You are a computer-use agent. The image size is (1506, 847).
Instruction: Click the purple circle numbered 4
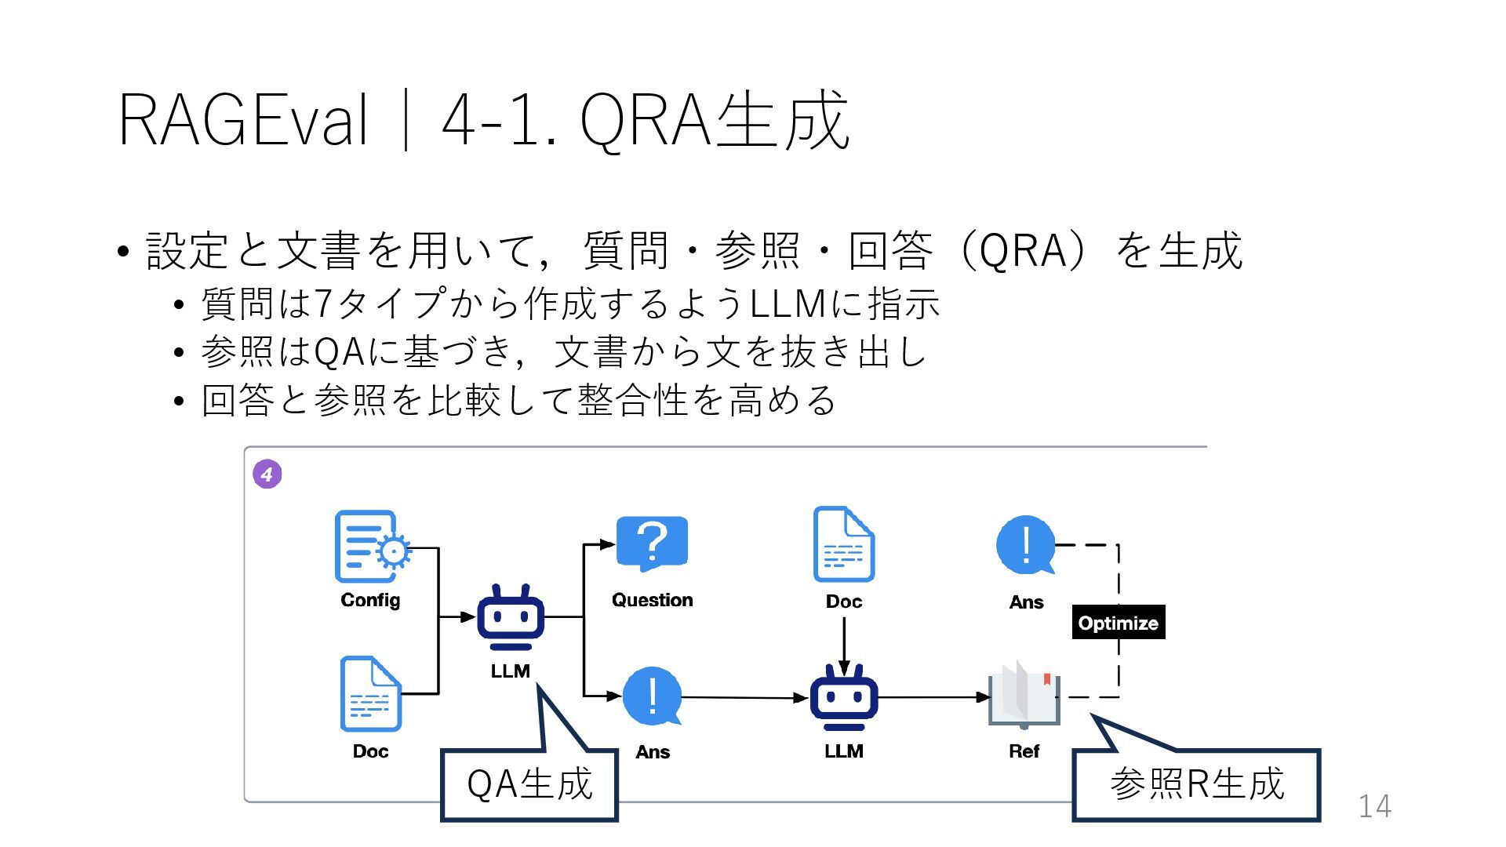click(x=267, y=474)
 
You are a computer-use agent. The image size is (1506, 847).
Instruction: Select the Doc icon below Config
click(x=370, y=694)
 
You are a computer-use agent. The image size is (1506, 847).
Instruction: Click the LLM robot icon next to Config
click(x=511, y=617)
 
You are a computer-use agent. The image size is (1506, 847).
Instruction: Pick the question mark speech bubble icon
click(x=652, y=543)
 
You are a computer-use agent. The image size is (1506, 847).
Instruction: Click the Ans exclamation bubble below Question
click(x=652, y=696)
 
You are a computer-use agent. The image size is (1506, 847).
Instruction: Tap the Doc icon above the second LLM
click(x=843, y=544)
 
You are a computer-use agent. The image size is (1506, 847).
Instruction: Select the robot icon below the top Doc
click(x=843, y=697)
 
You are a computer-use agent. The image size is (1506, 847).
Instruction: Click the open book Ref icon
click(x=1024, y=694)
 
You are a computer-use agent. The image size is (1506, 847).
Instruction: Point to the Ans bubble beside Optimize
click(x=1025, y=544)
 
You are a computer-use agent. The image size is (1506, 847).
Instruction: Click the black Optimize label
click(x=1118, y=623)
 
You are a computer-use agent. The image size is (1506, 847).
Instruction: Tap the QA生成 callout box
click(x=529, y=784)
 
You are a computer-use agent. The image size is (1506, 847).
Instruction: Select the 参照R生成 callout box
click(x=1196, y=784)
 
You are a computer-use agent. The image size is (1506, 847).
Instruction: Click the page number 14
click(x=1374, y=806)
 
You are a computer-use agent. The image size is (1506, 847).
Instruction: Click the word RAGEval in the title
click(x=242, y=120)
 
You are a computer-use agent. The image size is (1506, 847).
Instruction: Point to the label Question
click(x=652, y=600)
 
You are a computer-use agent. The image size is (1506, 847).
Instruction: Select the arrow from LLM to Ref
click(x=933, y=696)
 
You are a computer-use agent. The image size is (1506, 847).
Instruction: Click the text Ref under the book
click(x=1024, y=751)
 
